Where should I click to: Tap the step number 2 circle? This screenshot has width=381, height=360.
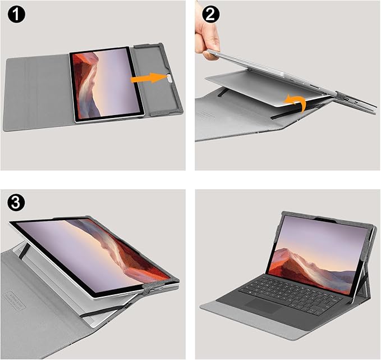pyautogui.click(x=212, y=15)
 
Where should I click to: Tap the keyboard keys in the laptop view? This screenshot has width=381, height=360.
pyautogui.click(x=286, y=289)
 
